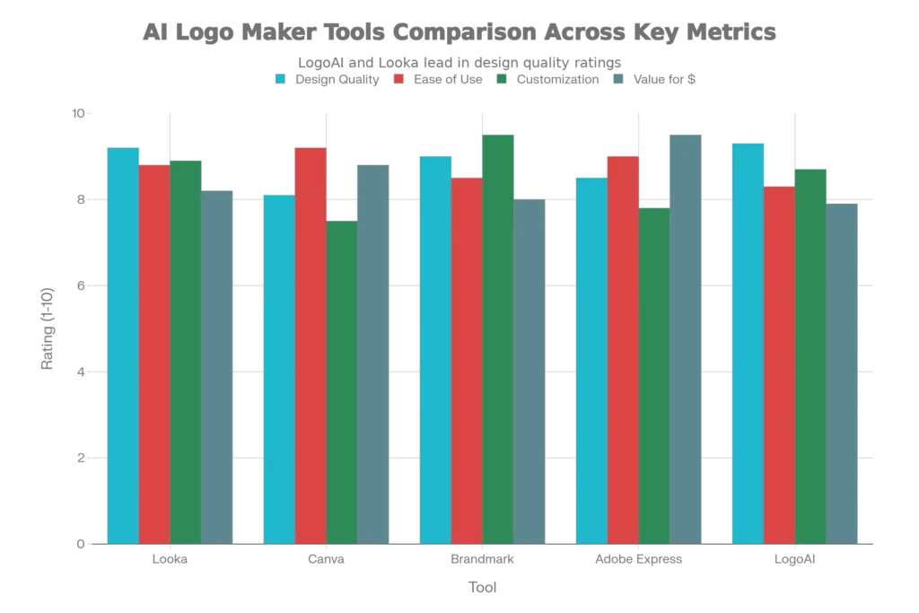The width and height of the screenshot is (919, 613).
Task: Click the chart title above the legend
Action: point(459,35)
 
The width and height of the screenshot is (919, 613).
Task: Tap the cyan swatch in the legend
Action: point(281,78)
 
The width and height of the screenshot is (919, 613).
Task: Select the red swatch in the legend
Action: point(396,78)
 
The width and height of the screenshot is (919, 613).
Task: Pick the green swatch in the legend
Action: point(503,78)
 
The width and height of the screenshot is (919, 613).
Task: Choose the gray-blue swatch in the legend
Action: point(618,78)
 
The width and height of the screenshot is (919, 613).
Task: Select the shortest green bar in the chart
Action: point(342,381)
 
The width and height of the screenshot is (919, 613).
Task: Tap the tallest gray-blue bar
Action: point(686,337)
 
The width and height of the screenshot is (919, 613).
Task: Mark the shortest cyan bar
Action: point(277,368)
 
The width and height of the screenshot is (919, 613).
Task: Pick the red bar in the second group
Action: point(311,345)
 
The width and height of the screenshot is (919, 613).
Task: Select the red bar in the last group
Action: point(779,363)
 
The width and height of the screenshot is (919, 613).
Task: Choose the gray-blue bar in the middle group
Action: point(530,370)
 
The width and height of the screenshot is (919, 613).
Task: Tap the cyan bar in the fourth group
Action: point(591,360)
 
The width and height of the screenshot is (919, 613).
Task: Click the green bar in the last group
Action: point(810,355)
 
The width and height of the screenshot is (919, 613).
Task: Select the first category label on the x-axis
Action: point(171,561)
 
